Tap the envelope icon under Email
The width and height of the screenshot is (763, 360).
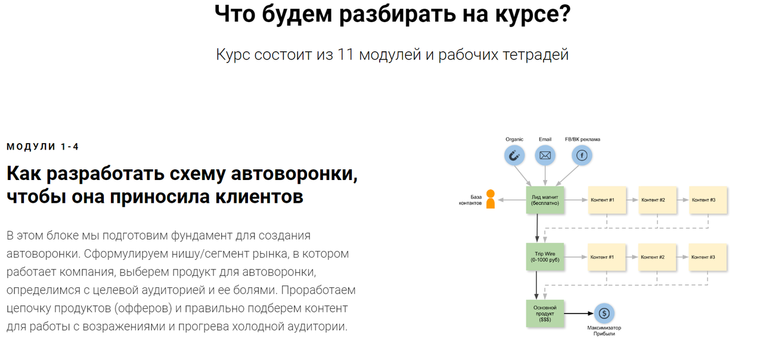(x=545, y=156)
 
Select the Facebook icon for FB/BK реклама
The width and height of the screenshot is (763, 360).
(x=582, y=156)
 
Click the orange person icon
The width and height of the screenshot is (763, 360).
(x=491, y=199)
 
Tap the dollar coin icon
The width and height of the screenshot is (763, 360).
(x=603, y=314)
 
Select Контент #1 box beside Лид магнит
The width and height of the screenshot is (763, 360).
(x=607, y=200)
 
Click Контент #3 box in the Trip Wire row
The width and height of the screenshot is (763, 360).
(x=708, y=257)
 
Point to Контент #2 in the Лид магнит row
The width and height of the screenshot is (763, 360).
(x=657, y=200)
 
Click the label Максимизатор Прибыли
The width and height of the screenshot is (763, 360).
(x=603, y=331)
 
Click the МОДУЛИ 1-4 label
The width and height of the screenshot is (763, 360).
(x=42, y=147)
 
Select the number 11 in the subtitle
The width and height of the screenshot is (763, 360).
(x=346, y=55)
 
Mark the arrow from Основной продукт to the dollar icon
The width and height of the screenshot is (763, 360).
(x=578, y=314)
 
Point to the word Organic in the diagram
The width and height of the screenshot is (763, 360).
(x=514, y=139)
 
